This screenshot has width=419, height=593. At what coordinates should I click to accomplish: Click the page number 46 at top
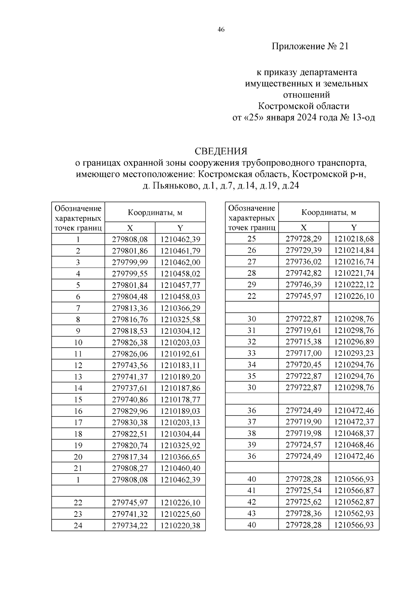(x=221, y=30)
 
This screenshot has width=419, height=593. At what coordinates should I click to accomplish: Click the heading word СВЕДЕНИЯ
(x=221, y=151)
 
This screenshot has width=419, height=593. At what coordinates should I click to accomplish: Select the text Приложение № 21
(x=310, y=46)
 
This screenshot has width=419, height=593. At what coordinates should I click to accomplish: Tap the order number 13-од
(x=364, y=117)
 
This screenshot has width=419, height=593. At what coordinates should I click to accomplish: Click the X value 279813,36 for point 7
(x=130, y=308)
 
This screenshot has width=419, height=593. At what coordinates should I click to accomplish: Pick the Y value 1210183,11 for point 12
(x=180, y=366)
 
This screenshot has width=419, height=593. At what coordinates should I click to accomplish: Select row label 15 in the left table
(x=78, y=400)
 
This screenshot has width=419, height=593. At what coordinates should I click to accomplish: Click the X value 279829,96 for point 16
(x=130, y=411)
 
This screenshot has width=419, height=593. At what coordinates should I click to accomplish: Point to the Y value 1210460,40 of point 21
(x=180, y=468)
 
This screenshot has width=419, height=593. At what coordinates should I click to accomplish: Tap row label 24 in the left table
(x=78, y=526)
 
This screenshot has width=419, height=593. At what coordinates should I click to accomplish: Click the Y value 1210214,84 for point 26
(x=354, y=251)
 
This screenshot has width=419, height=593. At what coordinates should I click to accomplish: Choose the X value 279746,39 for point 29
(x=303, y=285)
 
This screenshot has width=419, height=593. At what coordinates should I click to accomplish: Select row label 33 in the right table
(x=251, y=353)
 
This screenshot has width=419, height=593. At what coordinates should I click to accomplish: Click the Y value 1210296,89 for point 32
(x=354, y=342)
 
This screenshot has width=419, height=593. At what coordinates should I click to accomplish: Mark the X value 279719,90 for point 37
(x=303, y=422)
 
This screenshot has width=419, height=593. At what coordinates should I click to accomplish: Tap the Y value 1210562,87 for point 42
(x=354, y=502)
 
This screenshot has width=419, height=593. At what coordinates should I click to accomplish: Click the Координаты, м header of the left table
(x=155, y=212)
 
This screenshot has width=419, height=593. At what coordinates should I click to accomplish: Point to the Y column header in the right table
(x=354, y=228)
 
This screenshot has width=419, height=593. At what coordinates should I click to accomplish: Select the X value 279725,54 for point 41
(x=303, y=491)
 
